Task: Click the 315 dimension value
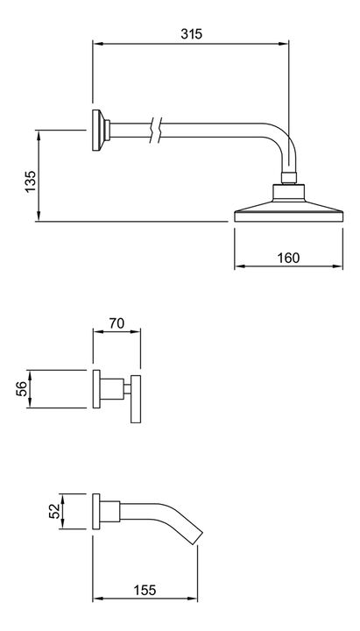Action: (191, 34)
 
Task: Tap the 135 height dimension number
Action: (31, 182)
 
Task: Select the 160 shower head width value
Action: (288, 258)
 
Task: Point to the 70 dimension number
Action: (116, 323)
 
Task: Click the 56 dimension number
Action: (22, 389)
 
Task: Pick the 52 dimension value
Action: (54, 511)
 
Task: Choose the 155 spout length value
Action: (145, 590)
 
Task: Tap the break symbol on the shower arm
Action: (156, 130)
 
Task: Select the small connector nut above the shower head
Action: (289, 178)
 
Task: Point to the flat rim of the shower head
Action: (289, 216)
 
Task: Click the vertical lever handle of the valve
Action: (136, 399)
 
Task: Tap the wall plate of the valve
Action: (96, 389)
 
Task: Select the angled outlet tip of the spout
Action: (195, 536)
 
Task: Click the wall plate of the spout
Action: (96, 511)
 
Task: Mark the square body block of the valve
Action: (112, 389)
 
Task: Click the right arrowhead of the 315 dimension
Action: (285, 43)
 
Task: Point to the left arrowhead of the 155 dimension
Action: (97, 599)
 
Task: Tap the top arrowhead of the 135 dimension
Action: (39, 135)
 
